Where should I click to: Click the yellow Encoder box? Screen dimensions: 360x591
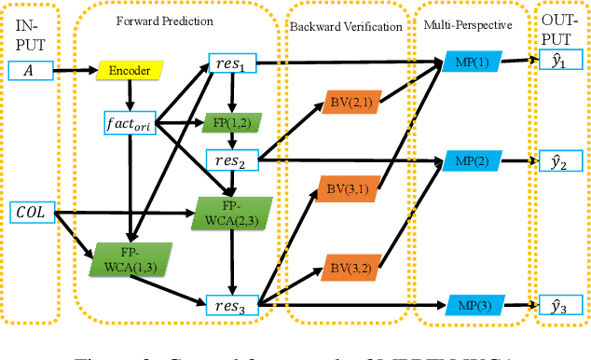(x=130, y=70)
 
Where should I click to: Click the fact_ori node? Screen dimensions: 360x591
(x=130, y=122)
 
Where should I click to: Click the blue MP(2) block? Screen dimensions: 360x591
(x=469, y=160)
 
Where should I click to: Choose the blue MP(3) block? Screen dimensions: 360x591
(x=469, y=304)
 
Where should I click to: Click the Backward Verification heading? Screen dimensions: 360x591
(x=346, y=26)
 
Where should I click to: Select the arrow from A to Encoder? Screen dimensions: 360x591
(x=75, y=70)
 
